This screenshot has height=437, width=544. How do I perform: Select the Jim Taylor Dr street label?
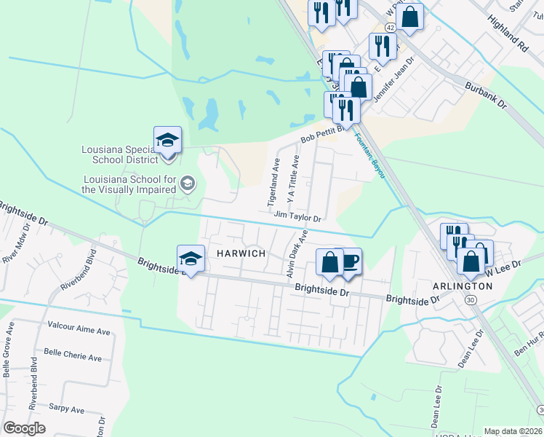[x=297, y=216]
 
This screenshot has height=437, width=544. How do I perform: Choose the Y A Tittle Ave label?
[x=292, y=178]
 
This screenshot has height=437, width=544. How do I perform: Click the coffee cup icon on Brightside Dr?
[x=349, y=261]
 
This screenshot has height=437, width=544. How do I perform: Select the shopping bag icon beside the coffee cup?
[x=329, y=263]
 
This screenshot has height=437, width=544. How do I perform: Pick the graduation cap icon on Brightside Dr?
[x=191, y=259]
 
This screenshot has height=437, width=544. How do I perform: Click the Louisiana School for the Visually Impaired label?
[x=130, y=184]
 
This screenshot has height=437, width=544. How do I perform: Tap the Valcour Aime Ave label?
[x=78, y=331]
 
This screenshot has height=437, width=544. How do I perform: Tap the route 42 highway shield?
[x=391, y=27]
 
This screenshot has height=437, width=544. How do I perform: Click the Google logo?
[x=24, y=428]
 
